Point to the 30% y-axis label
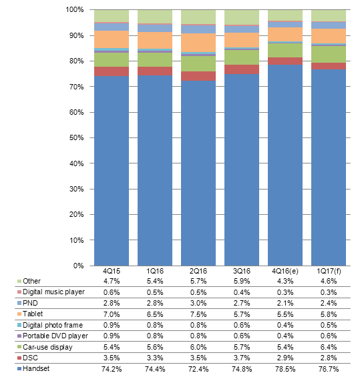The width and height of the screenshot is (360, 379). click(77, 189)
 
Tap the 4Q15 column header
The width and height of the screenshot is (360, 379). click(112, 271)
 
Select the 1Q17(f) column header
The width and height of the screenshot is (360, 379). click(329, 271)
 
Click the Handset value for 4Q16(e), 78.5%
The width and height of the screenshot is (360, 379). click(285, 369)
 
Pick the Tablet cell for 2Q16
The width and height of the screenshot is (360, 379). click(198, 314)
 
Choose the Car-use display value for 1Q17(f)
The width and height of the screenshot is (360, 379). click(329, 347)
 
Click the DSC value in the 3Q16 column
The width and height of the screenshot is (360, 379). click(242, 358)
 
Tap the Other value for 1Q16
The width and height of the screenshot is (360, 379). click(155, 281)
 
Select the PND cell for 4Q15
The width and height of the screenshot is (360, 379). click(112, 303)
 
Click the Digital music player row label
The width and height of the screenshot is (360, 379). click(53, 292)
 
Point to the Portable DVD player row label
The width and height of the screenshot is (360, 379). click(55, 336)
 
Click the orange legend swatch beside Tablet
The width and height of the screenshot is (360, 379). click(19, 314)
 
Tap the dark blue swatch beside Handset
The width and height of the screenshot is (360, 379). click(19, 369)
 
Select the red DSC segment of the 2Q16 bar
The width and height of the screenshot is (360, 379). click(198, 76)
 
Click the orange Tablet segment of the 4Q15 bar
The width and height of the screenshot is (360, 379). click(112, 39)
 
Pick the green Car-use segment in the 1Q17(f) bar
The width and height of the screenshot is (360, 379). click(329, 55)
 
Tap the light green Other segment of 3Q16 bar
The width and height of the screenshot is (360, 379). click(242, 17)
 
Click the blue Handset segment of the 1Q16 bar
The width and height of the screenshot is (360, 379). click(155, 171)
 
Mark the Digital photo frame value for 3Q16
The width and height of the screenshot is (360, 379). click(242, 325)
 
